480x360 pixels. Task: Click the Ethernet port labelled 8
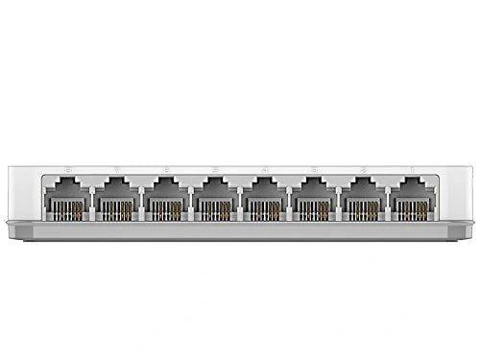(x=65, y=199)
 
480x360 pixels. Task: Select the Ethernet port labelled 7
(x=115, y=199)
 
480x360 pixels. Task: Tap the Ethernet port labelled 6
(x=165, y=199)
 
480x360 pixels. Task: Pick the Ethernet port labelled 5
(x=214, y=199)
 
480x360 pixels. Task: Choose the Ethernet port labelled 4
(x=264, y=199)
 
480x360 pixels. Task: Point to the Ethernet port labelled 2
(x=364, y=199)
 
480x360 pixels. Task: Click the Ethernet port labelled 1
(x=413, y=199)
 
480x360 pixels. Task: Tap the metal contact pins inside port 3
(x=314, y=209)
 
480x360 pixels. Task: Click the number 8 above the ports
(x=65, y=172)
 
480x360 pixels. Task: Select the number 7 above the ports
(x=115, y=172)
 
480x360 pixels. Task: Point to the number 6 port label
(x=165, y=172)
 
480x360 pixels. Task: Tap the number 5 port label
(x=214, y=172)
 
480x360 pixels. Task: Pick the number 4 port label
(x=264, y=172)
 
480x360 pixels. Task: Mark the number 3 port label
(x=314, y=172)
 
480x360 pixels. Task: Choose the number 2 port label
(x=364, y=172)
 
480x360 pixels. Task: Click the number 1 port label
(x=413, y=172)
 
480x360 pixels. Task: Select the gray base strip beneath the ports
(x=240, y=231)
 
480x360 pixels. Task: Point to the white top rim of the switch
(x=240, y=166)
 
